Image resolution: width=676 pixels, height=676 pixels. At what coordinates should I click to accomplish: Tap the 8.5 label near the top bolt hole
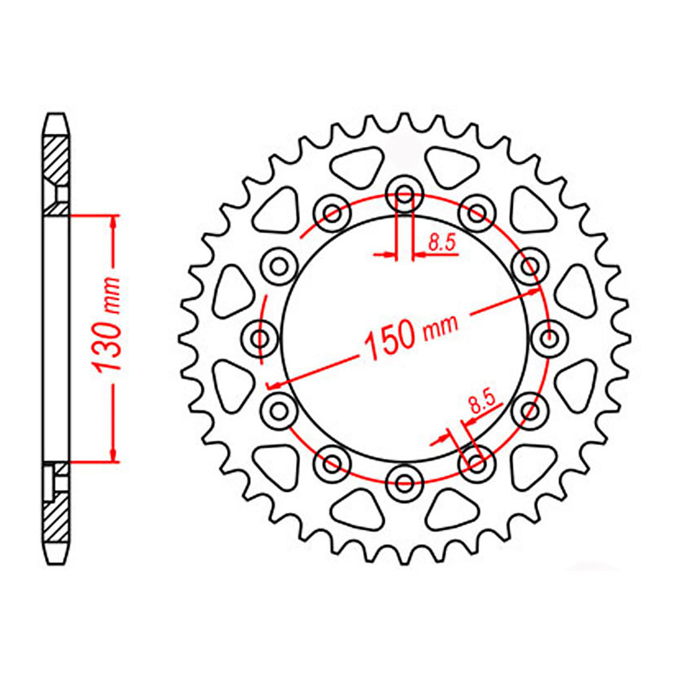pos(443,244)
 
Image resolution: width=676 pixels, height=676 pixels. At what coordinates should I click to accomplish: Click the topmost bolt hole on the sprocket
pos(404,195)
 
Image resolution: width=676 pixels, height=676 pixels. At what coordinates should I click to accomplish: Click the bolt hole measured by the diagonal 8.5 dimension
pos(476,464)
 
